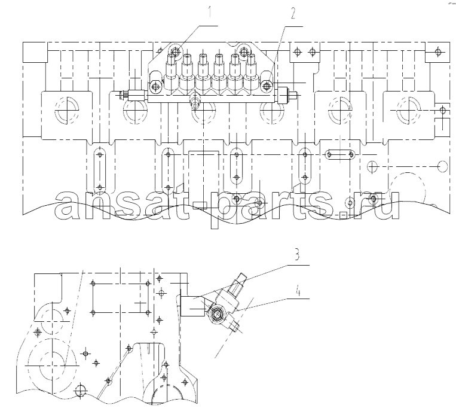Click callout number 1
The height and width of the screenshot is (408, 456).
point(210,13)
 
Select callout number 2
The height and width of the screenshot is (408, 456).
point(293,13)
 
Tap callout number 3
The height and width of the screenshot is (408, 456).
point(296,255)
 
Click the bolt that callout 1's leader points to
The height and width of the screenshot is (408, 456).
point(175,52)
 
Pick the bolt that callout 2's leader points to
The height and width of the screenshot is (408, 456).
point(267,86)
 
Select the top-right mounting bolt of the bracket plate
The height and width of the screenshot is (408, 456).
point(243,51)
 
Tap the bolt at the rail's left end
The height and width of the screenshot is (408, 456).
point(155,86)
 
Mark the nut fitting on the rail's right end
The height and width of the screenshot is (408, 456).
point(287,95)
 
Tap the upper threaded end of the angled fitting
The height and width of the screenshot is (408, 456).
point(241,280)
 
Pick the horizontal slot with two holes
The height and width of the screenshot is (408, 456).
point(340,154)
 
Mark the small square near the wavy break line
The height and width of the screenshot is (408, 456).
point(343,215)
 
